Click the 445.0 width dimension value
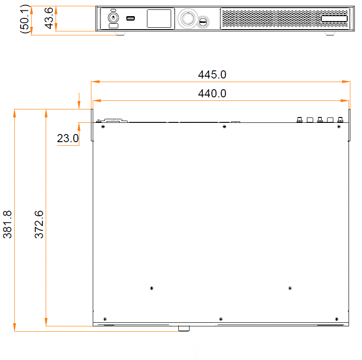click(x=212, y=75)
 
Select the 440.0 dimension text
click(x=212, y=94)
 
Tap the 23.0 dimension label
click(x=68, y=139)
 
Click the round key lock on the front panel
click(x=113, y=18)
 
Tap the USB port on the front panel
click(x=131, y=18)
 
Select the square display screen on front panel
click(x=159, y=19)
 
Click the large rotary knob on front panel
click(x=187, y=19)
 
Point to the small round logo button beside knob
click(x=203, y=21)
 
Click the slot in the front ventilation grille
click(x=334, y=18)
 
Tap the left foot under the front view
click(x=120, y=34)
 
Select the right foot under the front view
click(x=329, y=34)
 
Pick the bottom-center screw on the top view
click(x=220, y=319)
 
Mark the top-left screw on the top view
click(x=103, y=127)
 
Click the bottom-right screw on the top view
click(x=336, y=319)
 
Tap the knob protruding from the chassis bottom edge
click(x=184, y=329)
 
